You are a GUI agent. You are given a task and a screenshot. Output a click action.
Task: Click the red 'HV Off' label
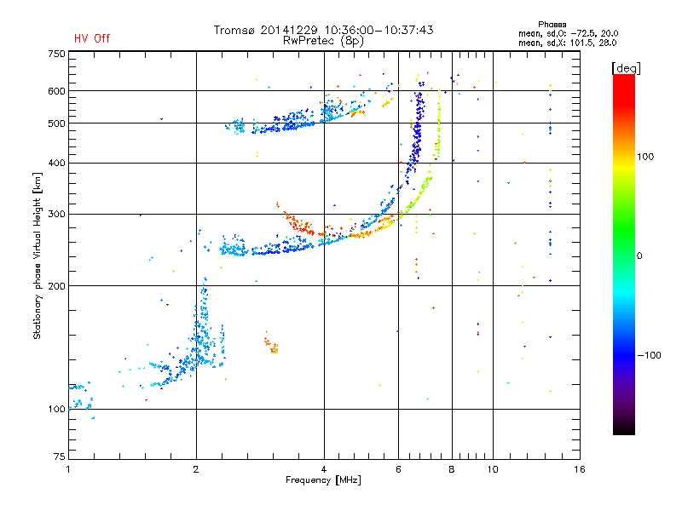tap(92, 38)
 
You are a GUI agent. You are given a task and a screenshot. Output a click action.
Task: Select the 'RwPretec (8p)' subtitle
tap(323, 40)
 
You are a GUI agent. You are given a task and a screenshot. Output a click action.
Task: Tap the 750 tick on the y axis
tap(56, 54)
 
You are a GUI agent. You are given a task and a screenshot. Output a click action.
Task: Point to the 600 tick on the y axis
tap(56, 91)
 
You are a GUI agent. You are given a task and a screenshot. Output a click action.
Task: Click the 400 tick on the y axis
tap(56, 163)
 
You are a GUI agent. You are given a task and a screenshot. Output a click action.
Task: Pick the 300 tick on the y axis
tap(56, 214)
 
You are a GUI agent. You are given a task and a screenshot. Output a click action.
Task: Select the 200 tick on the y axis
tap(56, 286)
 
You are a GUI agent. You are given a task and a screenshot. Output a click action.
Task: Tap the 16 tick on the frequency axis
tap(578, 469)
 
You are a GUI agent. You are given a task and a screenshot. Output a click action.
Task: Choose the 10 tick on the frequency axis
tap(492, 469)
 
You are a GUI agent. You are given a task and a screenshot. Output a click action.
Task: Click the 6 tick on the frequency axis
tap(398, 469)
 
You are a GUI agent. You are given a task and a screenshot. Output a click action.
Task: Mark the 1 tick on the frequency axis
tap(68, 469)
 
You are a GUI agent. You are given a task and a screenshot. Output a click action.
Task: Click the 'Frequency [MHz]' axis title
tap(323, 481)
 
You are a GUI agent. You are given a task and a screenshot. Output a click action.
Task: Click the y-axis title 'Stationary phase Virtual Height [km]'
tap(38, 255)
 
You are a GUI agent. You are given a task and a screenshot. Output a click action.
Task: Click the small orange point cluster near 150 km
tap(272, 345)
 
